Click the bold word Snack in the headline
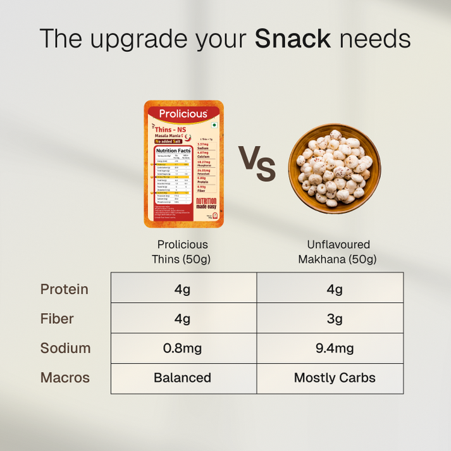tap(293, 39)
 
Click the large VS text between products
tap(257, 166)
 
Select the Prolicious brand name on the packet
tap(183, 114)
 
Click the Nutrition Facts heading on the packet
tap(173, 151)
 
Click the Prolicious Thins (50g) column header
tap(182, 252)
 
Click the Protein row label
tap(64, 289)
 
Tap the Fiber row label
tap(57, 319)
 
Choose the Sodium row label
tap(65, 348)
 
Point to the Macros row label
tap(65, 378)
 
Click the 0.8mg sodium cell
tap(183, 349)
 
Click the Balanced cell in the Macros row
tap(183, 378)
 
